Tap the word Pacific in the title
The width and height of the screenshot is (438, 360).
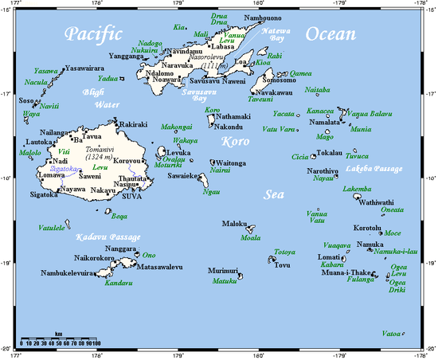tap(94, 34)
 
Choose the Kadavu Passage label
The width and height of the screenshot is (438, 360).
tap(107, 237)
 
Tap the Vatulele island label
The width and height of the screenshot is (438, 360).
tap(53, 227)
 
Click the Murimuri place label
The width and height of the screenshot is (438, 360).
tap(225, 272)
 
